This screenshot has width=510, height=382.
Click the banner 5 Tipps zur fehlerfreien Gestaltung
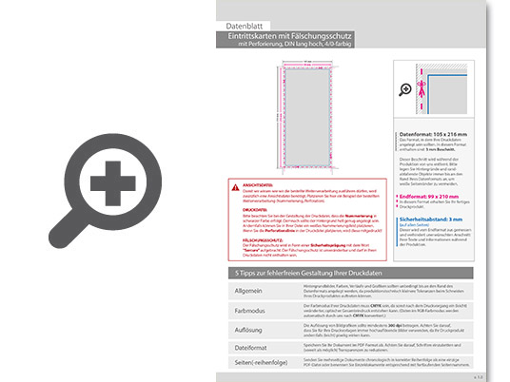[x=304, y=274]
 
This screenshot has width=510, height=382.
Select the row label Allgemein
[x=247, y=292]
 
